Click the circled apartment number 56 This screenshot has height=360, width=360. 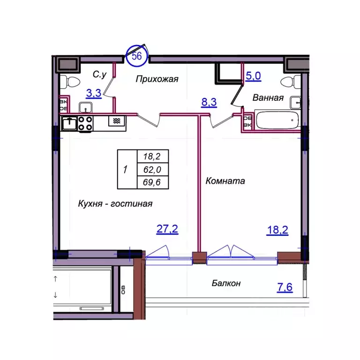(x=137, y=56)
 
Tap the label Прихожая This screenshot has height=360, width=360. (x=157, y=79)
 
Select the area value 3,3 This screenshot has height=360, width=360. (x=94, y=93)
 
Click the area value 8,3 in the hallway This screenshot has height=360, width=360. (x=209, y=102)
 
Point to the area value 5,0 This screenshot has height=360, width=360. (x=253, y=76)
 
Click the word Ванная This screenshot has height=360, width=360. (x=268, y=98)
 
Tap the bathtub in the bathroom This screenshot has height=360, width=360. (x=277, y=120)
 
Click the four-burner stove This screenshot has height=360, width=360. (x=86, y=124)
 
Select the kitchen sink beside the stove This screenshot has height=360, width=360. (x=69, y=123)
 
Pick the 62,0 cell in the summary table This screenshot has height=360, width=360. (x=152, y=170)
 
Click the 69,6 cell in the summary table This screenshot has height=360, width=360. (x=152, y=182)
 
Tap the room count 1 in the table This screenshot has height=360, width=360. (x=125, y=170)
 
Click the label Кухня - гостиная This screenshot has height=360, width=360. (x=115, y=203)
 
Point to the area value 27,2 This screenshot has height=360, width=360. (x=167, y=229)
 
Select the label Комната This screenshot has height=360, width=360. (x=225, y=181)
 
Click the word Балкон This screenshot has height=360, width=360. (x=226, y=283)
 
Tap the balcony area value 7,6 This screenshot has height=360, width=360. (x=285, y=287)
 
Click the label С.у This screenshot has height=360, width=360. (x=100, y=74)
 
